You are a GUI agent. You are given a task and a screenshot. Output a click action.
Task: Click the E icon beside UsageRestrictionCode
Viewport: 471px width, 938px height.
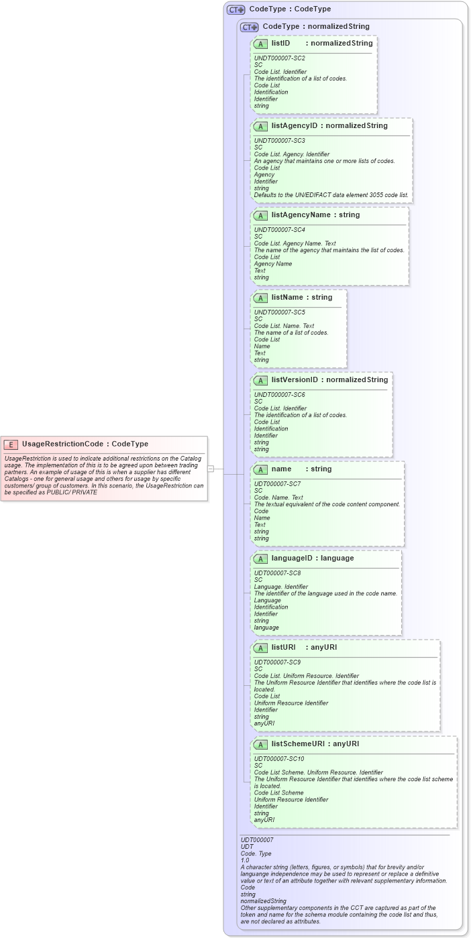click(x=11, y=444)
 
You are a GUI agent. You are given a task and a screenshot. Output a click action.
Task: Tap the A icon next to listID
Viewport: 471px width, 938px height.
click(x=261, y=44)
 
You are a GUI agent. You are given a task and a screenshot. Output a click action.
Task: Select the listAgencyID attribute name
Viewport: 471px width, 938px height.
click(x=294, y=125)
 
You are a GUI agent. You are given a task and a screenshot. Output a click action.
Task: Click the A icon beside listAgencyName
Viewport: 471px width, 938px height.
click(x=261, y=215)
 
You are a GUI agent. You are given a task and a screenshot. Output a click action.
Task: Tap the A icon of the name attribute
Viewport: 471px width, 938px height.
click(x=261, y=469)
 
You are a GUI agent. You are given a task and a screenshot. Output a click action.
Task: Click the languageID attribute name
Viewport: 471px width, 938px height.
click(x=294, y=558)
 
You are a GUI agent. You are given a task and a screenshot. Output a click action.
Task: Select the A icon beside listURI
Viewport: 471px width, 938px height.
click(x=261, y=648)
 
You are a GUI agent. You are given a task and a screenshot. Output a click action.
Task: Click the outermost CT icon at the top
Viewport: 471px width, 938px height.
click(x=235, y=10)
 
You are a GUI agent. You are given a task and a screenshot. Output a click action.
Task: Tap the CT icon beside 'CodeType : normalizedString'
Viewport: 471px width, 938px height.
click(x=249, y=27)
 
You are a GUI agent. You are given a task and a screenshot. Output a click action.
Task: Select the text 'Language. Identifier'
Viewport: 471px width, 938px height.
click(x=280, y=587)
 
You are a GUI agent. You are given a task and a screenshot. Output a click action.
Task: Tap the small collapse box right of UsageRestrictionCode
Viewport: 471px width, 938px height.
click(x=210, y=469)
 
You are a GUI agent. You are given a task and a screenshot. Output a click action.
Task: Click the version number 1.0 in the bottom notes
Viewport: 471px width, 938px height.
click(x=245, y=860)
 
